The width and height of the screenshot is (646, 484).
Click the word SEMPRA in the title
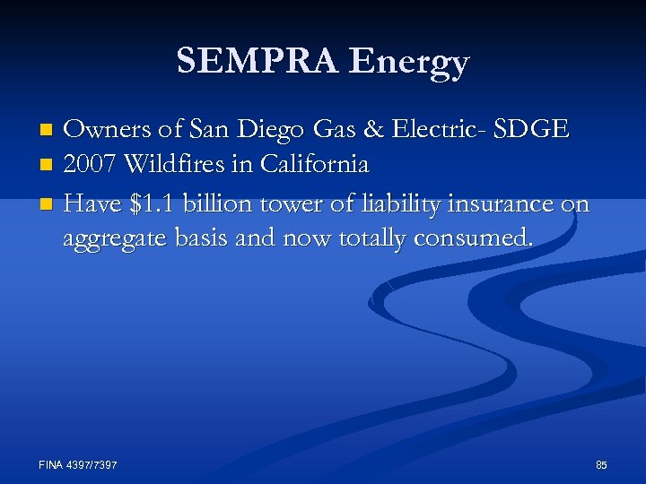pos(258,62)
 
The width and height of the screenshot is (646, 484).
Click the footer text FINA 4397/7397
pos(78,464)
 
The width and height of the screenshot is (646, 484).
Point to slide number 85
pos(601,464)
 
